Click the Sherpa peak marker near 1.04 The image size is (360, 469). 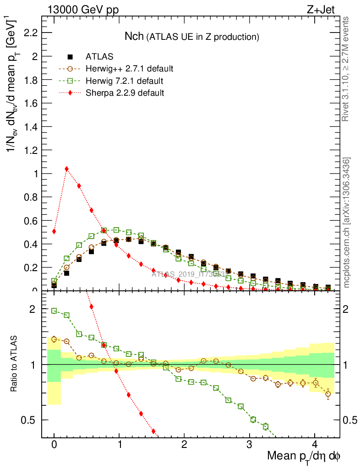click(67, 169)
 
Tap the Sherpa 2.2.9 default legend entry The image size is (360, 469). click(125, 93)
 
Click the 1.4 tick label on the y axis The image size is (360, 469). click(31, 127)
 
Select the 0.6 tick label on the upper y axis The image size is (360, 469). click(31, 221)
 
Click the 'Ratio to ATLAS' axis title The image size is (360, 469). click(15, 365)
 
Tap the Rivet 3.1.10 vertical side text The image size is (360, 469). click(346, 69)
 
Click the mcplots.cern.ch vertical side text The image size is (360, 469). click(347, 223)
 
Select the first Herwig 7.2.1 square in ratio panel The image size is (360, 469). click(54, 311)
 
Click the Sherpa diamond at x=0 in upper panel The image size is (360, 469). click(54, 231)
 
